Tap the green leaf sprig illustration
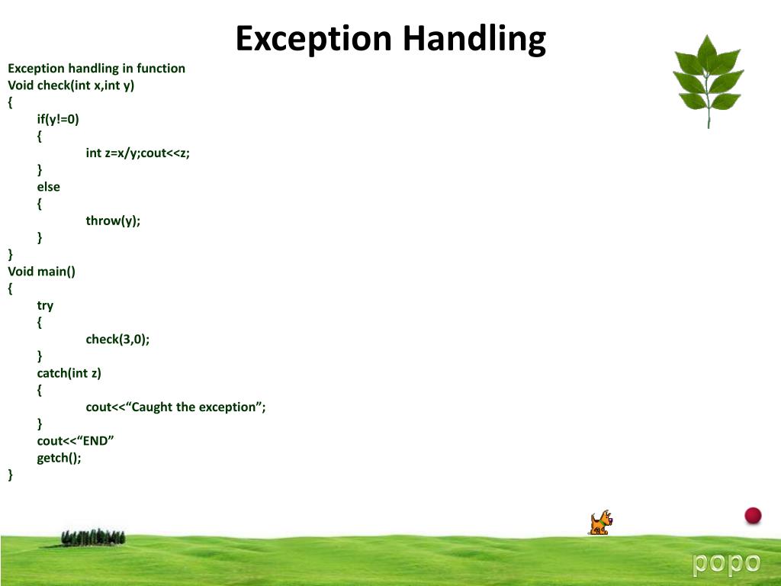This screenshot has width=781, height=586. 707,79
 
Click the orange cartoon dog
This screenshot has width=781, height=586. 600,523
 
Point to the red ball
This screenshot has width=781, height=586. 753,516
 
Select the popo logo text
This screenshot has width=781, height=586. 726,563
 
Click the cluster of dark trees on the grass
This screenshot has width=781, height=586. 93,537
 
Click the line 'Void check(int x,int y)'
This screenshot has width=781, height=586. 71,85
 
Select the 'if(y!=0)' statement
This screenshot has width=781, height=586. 58,119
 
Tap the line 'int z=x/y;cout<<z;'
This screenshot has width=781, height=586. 137,153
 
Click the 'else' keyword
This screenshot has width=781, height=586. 48,187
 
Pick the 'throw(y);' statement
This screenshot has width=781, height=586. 113,221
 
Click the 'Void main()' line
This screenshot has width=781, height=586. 42,272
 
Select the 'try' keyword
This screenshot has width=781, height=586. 45,305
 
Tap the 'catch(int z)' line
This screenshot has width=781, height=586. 69,373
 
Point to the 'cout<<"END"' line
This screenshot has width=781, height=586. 75,441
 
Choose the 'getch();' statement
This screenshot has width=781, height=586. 59,458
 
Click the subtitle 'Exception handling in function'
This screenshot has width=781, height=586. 96,69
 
